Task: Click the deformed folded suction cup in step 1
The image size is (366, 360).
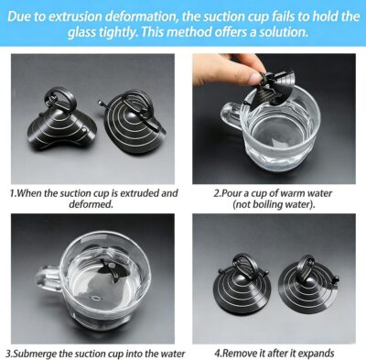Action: (x=61, y=121)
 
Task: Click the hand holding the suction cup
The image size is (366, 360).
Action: (x=226, y=70)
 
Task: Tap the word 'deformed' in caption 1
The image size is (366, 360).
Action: (x=91, y=204)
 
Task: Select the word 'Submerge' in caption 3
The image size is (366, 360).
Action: (x=35, y=354)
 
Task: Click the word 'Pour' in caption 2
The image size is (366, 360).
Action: (x=231, y=193)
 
